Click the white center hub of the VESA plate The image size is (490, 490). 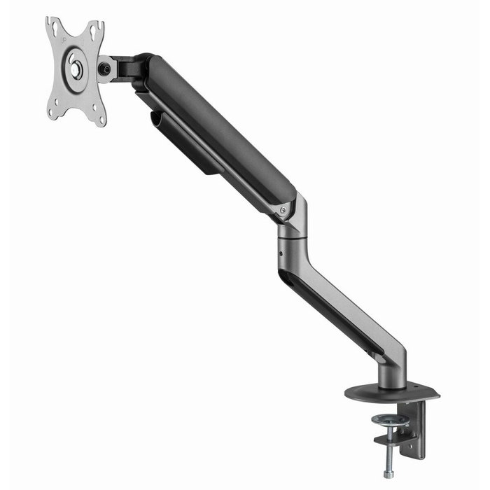pyautogui.click(x=75, y=69)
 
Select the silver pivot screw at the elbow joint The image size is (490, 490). pyautogui.click(x=283, y=209)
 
